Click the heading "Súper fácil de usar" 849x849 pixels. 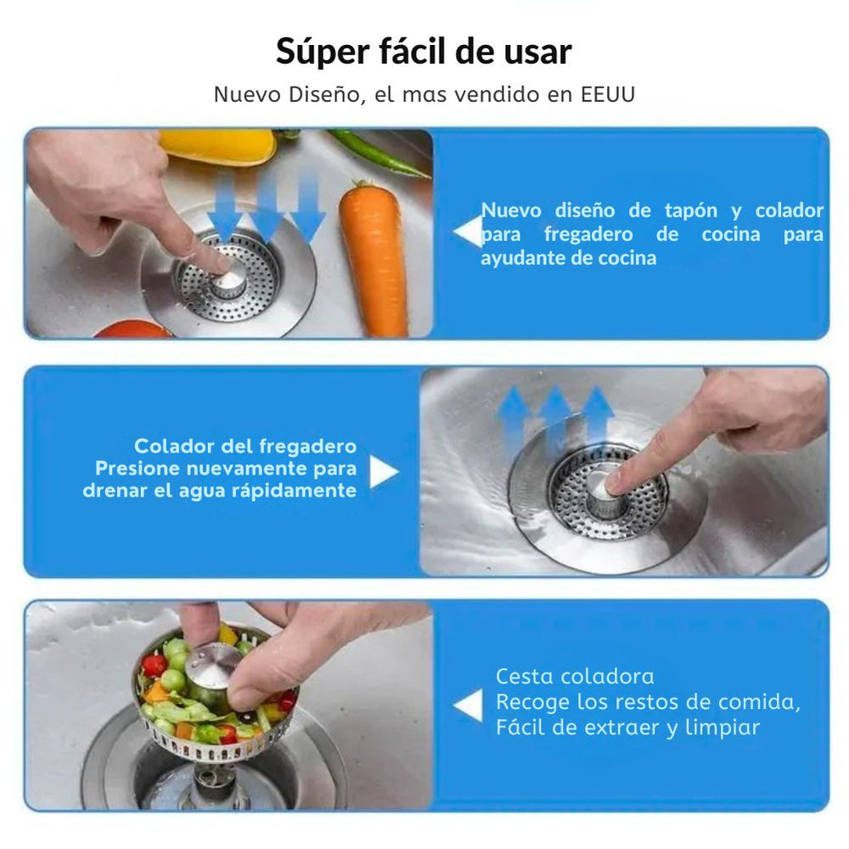(x=424, y=52)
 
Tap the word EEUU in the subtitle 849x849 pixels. (x=608, y=95)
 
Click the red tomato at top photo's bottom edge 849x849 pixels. (x=132, y=329)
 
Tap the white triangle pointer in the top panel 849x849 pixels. (x=468, y=233)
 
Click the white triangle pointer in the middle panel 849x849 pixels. (x=382, y=473)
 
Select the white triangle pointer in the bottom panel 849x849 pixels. (x=468, y=706)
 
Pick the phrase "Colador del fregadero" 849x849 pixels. (x=245, y=447)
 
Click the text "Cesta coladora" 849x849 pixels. (x=575, y=677)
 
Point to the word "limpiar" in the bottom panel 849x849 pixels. (x=721, y=728)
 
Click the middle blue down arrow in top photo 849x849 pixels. (x=267, y=204)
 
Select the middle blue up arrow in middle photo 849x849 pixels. (x=556, y=416)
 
